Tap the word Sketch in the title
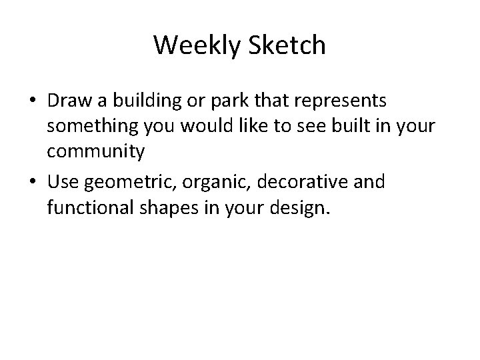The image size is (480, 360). tap(287, 45)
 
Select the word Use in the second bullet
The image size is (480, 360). tap(62, 182)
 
